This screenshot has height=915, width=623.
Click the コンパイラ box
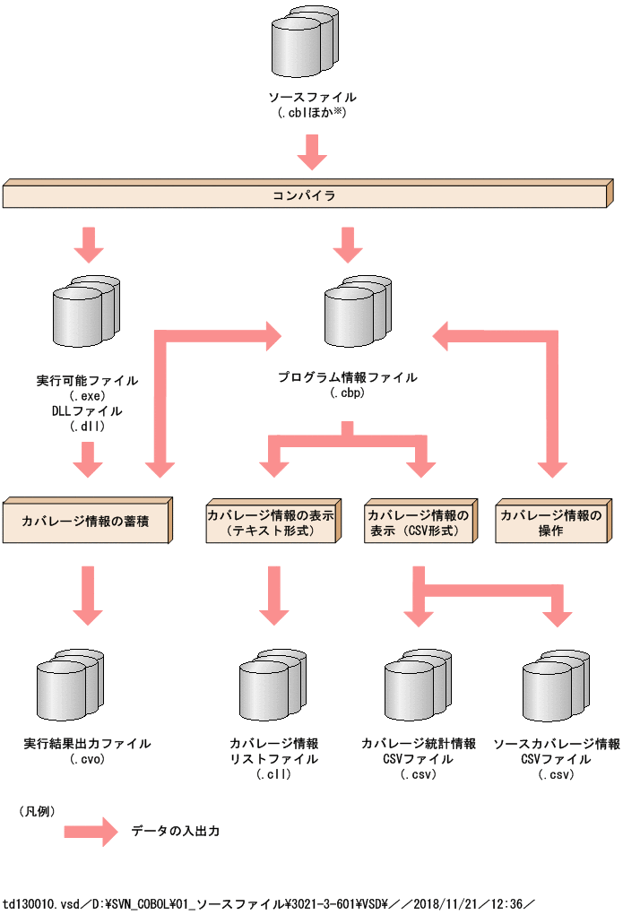[x=305, y=194]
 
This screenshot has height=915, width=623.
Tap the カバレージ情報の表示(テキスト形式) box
[x=272, y=523]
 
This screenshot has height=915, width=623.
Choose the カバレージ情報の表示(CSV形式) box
[x=417, y=523]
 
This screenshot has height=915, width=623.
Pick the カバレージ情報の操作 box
[x=550, y=523]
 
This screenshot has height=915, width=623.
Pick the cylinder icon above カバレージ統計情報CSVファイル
[x=418, y=687]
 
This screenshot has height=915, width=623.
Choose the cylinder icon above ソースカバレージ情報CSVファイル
[x=556, y=687]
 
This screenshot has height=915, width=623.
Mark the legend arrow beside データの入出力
[x=91, y=831]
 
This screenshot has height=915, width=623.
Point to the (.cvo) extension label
[x=87, y=758]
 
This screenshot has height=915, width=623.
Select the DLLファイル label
[x=87, y=410]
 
